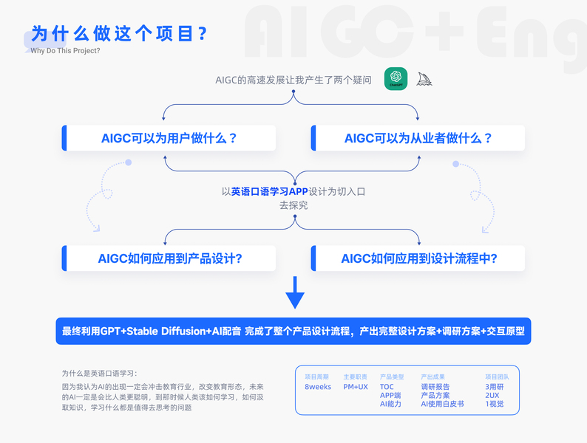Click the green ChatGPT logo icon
396,78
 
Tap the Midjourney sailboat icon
424,78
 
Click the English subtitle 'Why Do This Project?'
65,51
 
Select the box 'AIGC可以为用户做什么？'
169,138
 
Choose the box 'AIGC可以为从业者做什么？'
418,138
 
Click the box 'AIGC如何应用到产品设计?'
170,258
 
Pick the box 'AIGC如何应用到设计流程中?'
418,258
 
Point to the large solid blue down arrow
295,293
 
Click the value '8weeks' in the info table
318,386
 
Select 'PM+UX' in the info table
356,386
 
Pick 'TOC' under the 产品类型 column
387,386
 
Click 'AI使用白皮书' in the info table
442,404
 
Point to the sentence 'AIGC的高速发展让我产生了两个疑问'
293,80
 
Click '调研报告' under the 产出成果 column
435,386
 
